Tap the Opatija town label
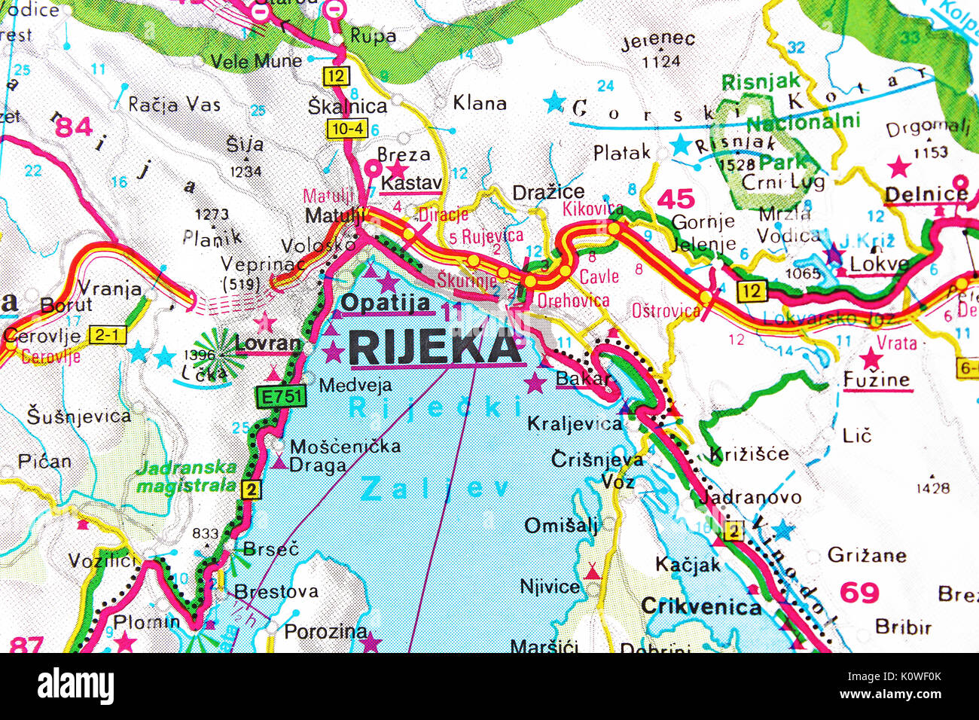pos(386,303)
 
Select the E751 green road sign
pos(280,397)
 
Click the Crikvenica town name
pos(701,606)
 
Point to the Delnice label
pos(926,194)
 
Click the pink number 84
pos(75,127)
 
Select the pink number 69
pos(859,593)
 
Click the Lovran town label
pos(267,343)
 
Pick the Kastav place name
pos(411,182)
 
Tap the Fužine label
pos(877,380)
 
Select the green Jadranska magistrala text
pos(186,477)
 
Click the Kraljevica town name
pos(575,424)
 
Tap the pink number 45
pos(676,199)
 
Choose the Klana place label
pos(480,103)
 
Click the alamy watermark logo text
pos(75,687)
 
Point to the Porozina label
pos(325,631)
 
